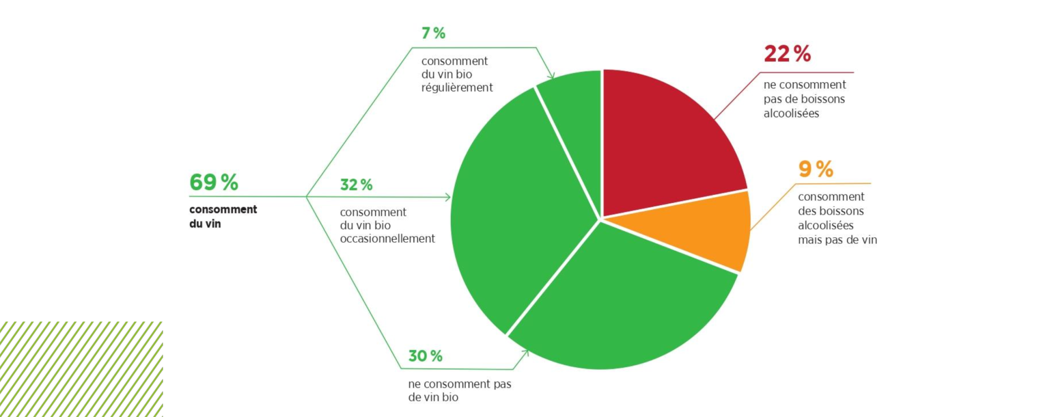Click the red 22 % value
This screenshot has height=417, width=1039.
[787, 54]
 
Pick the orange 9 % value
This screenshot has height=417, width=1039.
[815, 169]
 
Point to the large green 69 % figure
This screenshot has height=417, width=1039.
[214, 182]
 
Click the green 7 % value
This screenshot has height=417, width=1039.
[433, 34]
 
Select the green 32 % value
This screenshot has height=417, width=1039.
[356, 185]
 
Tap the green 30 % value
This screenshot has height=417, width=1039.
[425, 356]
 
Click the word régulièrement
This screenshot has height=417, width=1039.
[457, 88]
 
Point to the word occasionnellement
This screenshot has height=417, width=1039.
[387, 239]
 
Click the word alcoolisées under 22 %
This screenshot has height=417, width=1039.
[791, 113]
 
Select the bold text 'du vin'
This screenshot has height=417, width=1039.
[205, 224]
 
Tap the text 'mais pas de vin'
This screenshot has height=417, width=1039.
[837, 240]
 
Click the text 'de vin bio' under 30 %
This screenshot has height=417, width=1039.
[433, 398]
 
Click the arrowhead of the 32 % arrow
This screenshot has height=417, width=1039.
[447, 197]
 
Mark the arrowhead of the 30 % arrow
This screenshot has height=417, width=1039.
[526, 352]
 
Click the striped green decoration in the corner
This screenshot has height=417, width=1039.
[81, 369]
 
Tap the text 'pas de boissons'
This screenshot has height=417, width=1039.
[804, 99]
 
